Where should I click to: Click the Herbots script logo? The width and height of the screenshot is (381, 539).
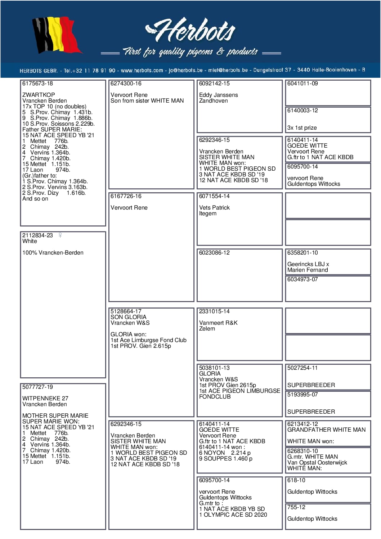(x=191, y=30)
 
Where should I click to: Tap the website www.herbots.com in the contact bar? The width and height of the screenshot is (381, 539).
(x=142, y=70)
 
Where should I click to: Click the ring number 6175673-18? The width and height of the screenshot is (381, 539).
(x=37, y=84)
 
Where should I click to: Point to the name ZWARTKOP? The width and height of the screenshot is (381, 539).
(x=39, y=95)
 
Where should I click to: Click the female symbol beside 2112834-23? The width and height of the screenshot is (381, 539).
(x=60, y=235)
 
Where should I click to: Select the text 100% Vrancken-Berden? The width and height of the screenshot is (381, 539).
(x=53, y=253)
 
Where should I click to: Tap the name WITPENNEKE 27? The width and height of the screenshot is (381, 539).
(x=45, y=399)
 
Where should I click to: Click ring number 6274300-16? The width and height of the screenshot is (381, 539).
(x=126, y=84)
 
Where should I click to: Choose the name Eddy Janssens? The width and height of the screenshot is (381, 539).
(x=218, y=95)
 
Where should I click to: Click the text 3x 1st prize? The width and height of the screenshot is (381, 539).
(x=302, y=128)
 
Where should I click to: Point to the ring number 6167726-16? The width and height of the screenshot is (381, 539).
(x=126, y=196)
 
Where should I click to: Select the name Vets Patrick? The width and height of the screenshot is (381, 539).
(x=214, y=208)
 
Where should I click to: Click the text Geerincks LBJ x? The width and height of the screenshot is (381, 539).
(x=308, y=264)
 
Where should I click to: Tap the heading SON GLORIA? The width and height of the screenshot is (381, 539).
(x=128, y=317)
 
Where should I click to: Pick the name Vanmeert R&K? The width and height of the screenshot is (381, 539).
(x=218, y=323)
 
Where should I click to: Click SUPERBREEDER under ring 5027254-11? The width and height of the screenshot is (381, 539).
(x=311, y=385)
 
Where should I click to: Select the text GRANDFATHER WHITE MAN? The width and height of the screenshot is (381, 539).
(x=326, y=430)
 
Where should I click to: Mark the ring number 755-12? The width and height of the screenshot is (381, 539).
(x=296, y=507)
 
